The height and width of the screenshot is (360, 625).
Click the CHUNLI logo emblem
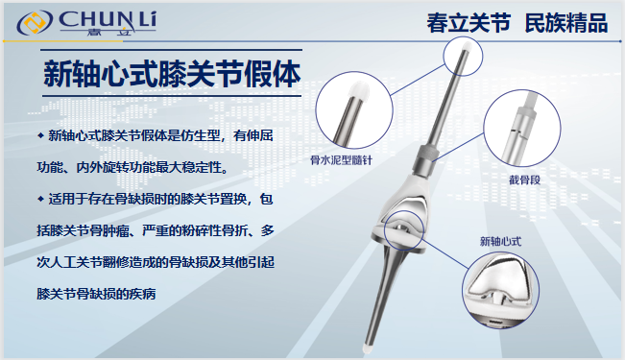tap(35, 22)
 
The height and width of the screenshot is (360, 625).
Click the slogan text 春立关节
tap(469, 23)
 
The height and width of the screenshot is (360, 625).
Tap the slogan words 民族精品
tap(566, 23)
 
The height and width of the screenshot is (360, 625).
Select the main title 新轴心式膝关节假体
tap(172, 74)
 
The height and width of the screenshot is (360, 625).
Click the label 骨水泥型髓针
tap(341, 160)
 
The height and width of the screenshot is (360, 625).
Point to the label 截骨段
tap(524, 180)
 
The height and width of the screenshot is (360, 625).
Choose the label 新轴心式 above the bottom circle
tap(500, 241)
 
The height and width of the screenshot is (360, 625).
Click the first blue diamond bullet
tap(40, 135)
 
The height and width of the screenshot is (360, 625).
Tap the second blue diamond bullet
tap(40, 199)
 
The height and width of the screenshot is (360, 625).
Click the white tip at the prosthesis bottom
tap(367, 348)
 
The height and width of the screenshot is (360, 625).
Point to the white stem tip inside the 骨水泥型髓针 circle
tap(358, 90)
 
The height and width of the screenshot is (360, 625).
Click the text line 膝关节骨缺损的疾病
tap(96, 294)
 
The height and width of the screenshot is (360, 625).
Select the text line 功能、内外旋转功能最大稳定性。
tap(134, 167)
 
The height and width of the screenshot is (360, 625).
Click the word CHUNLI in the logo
tap(108, 20)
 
